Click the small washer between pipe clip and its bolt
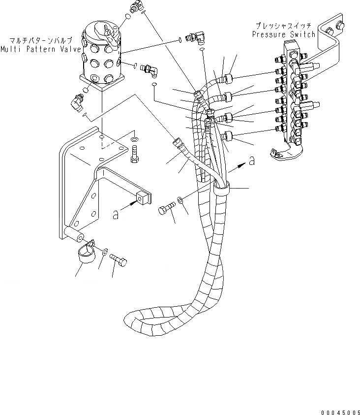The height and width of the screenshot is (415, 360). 105,252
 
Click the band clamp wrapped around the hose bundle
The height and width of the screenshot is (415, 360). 222,190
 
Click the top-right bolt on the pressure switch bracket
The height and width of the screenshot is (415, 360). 339,24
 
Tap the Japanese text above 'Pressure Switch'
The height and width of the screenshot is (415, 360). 283,25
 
